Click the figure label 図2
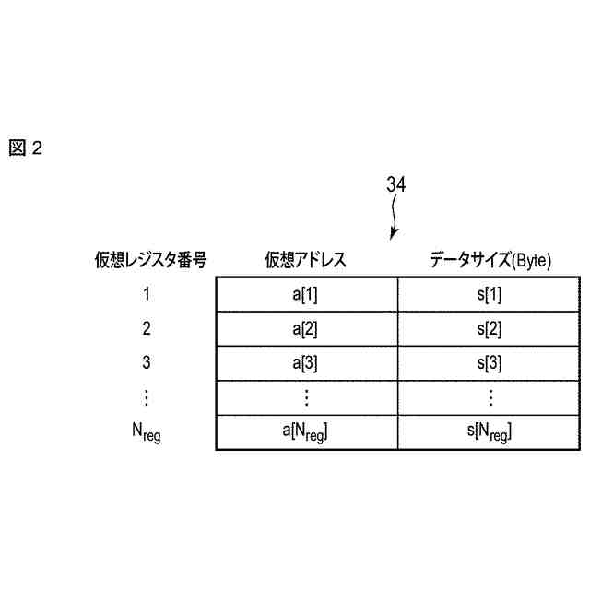pyautogui.click(x=26, y=147)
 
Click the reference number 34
pyautogui.click(x=395, y=185)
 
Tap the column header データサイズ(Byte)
pyautogui.click(x=490, y=260)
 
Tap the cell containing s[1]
pyautogui.click(x=490, y=294)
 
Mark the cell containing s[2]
pyautogui.click(x=490, y=328)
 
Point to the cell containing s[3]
pyautogui.click(x=490, y=362)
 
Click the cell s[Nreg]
pyautogui.click(x=490, y=431)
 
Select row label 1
pyautogui.click(x=147, y=294)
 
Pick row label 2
pyautogui.click(x=147, y=328)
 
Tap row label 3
pyautogui.click(x=147, y=362)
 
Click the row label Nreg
pyautogui.click(x=147, y=431)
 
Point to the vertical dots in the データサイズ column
pyautogui.click(x=490, y=397)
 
